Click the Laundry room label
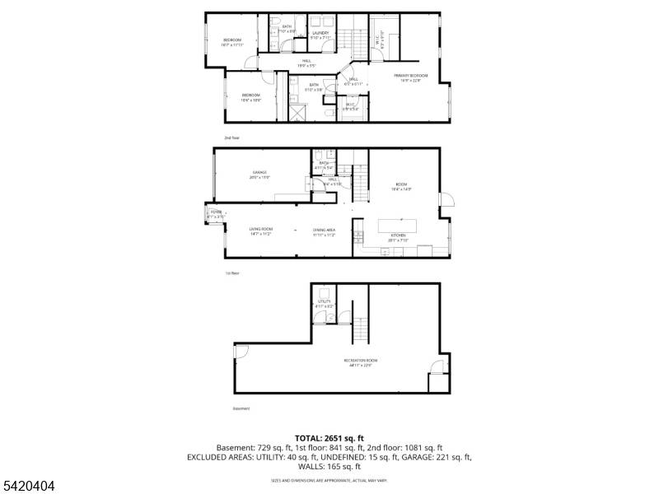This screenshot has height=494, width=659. (x=320, y=33)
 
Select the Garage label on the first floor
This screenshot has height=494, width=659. (x=259, y=174)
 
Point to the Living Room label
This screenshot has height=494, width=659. (x=261, y=230)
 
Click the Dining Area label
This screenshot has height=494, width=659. (x=324, y=230)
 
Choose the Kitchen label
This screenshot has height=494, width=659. (x=398, y=236)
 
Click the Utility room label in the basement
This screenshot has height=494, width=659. (x=324, y=302)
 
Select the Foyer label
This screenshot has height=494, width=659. (x=215, y=212)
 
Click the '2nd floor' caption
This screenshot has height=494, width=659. (x=231, y=137)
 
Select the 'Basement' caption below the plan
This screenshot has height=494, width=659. (x=241, y=408)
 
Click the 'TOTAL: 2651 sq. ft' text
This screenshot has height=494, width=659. (x=329, y=438)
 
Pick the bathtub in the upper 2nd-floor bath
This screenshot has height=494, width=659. (x=272, y=31)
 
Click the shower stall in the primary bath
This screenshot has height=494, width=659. (x=296, y=110)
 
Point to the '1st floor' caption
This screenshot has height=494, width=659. (x=232, y=273)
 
